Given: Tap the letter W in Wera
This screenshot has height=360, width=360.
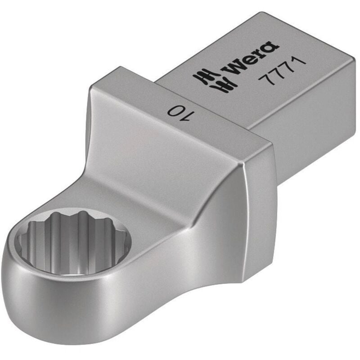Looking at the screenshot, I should click(x=234, y=66).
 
